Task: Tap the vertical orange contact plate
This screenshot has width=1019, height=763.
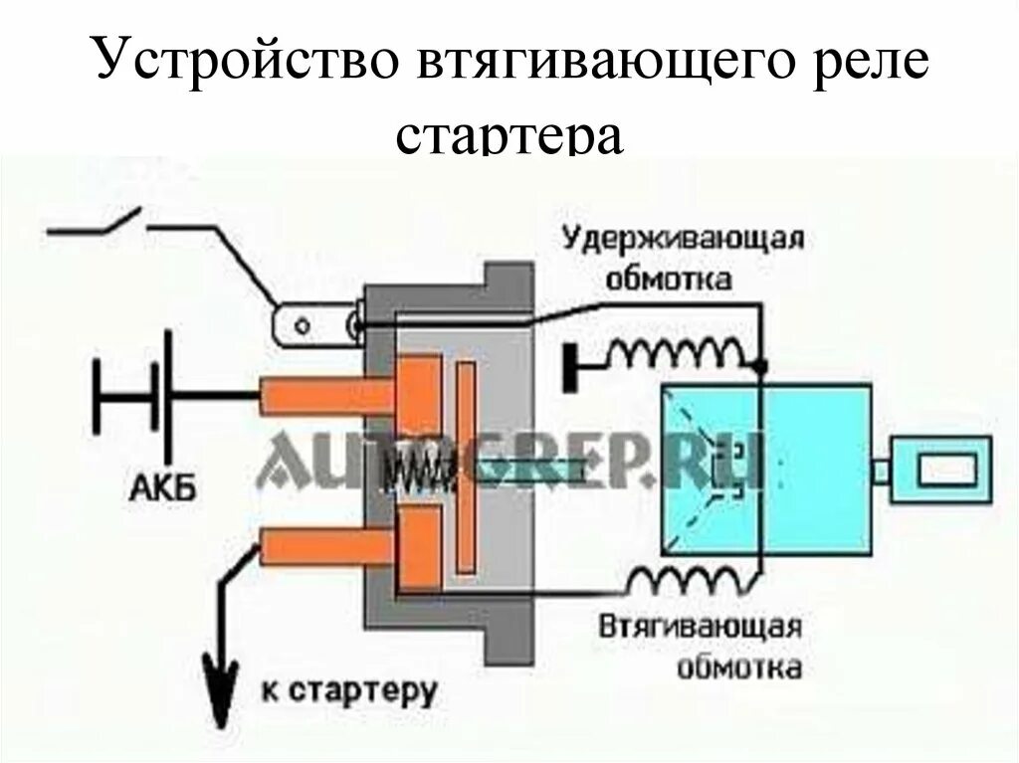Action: (465, 469)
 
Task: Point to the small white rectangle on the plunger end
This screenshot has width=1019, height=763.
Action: (943, 469)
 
